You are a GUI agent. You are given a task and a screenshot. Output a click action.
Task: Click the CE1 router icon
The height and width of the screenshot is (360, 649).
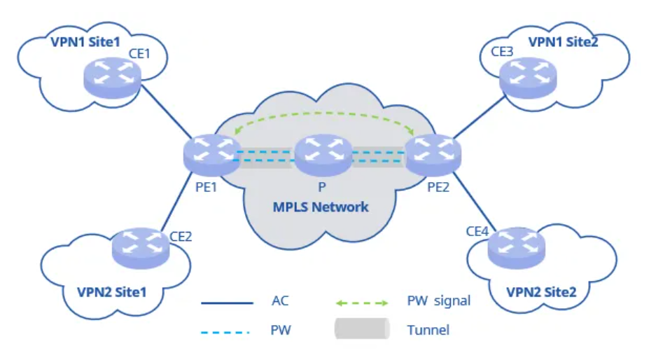point(112,76)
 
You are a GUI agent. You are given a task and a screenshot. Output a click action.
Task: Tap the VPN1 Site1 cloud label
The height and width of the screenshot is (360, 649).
point(81,41)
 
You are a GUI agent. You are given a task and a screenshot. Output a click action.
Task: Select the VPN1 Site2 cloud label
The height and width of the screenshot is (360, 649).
point(563,41)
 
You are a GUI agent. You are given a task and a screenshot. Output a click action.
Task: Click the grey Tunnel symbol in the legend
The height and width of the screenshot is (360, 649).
point(361,328)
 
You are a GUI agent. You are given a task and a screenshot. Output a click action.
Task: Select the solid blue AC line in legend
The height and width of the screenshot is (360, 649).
point(226,303)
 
